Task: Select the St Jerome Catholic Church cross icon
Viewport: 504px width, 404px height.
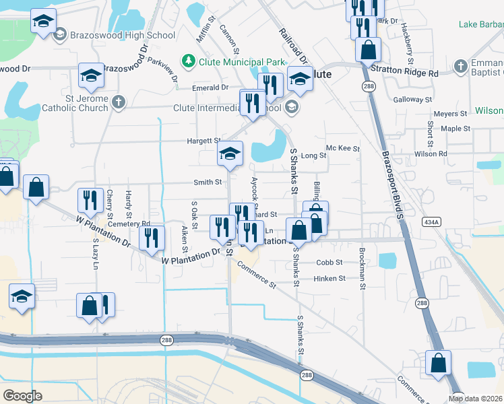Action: (x=118, y=102)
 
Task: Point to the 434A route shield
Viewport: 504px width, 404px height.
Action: (x=431, y=221)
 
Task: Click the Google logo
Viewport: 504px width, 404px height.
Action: (x=22, y=395)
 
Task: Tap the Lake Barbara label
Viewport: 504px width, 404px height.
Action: (x=480, y=25)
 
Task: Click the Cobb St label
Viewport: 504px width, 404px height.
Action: (x=329, y=263)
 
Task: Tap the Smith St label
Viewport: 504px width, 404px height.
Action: (x=208, y=182)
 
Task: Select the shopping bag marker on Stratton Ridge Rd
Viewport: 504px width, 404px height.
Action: (x=369, y=48)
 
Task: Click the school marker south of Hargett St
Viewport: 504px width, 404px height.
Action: (x=230, y=154)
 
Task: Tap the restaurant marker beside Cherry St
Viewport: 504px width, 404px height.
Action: (x=90, y=199)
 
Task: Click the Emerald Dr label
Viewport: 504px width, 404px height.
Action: (x=210, y=88)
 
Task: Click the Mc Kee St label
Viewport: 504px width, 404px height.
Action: (x=343, y=148)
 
